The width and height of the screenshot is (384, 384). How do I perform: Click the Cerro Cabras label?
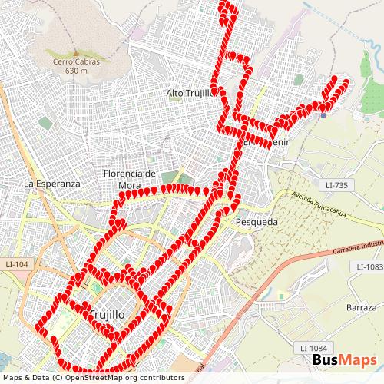click(x=77, y=62)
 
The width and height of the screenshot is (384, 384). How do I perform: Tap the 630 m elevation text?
click(x=77, y=71)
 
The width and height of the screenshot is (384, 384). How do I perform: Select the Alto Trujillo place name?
click(x=188, y=93)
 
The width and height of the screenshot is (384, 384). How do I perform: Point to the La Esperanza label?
click(x=52, y=184)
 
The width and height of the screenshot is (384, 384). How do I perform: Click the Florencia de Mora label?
click(x=131, y=179)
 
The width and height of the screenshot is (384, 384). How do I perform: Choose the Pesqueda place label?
click(x=254, y=221)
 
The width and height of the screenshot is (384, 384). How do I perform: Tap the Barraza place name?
click(x=361, y=307)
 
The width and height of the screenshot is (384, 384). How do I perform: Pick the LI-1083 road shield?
click(x=369, y=266)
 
